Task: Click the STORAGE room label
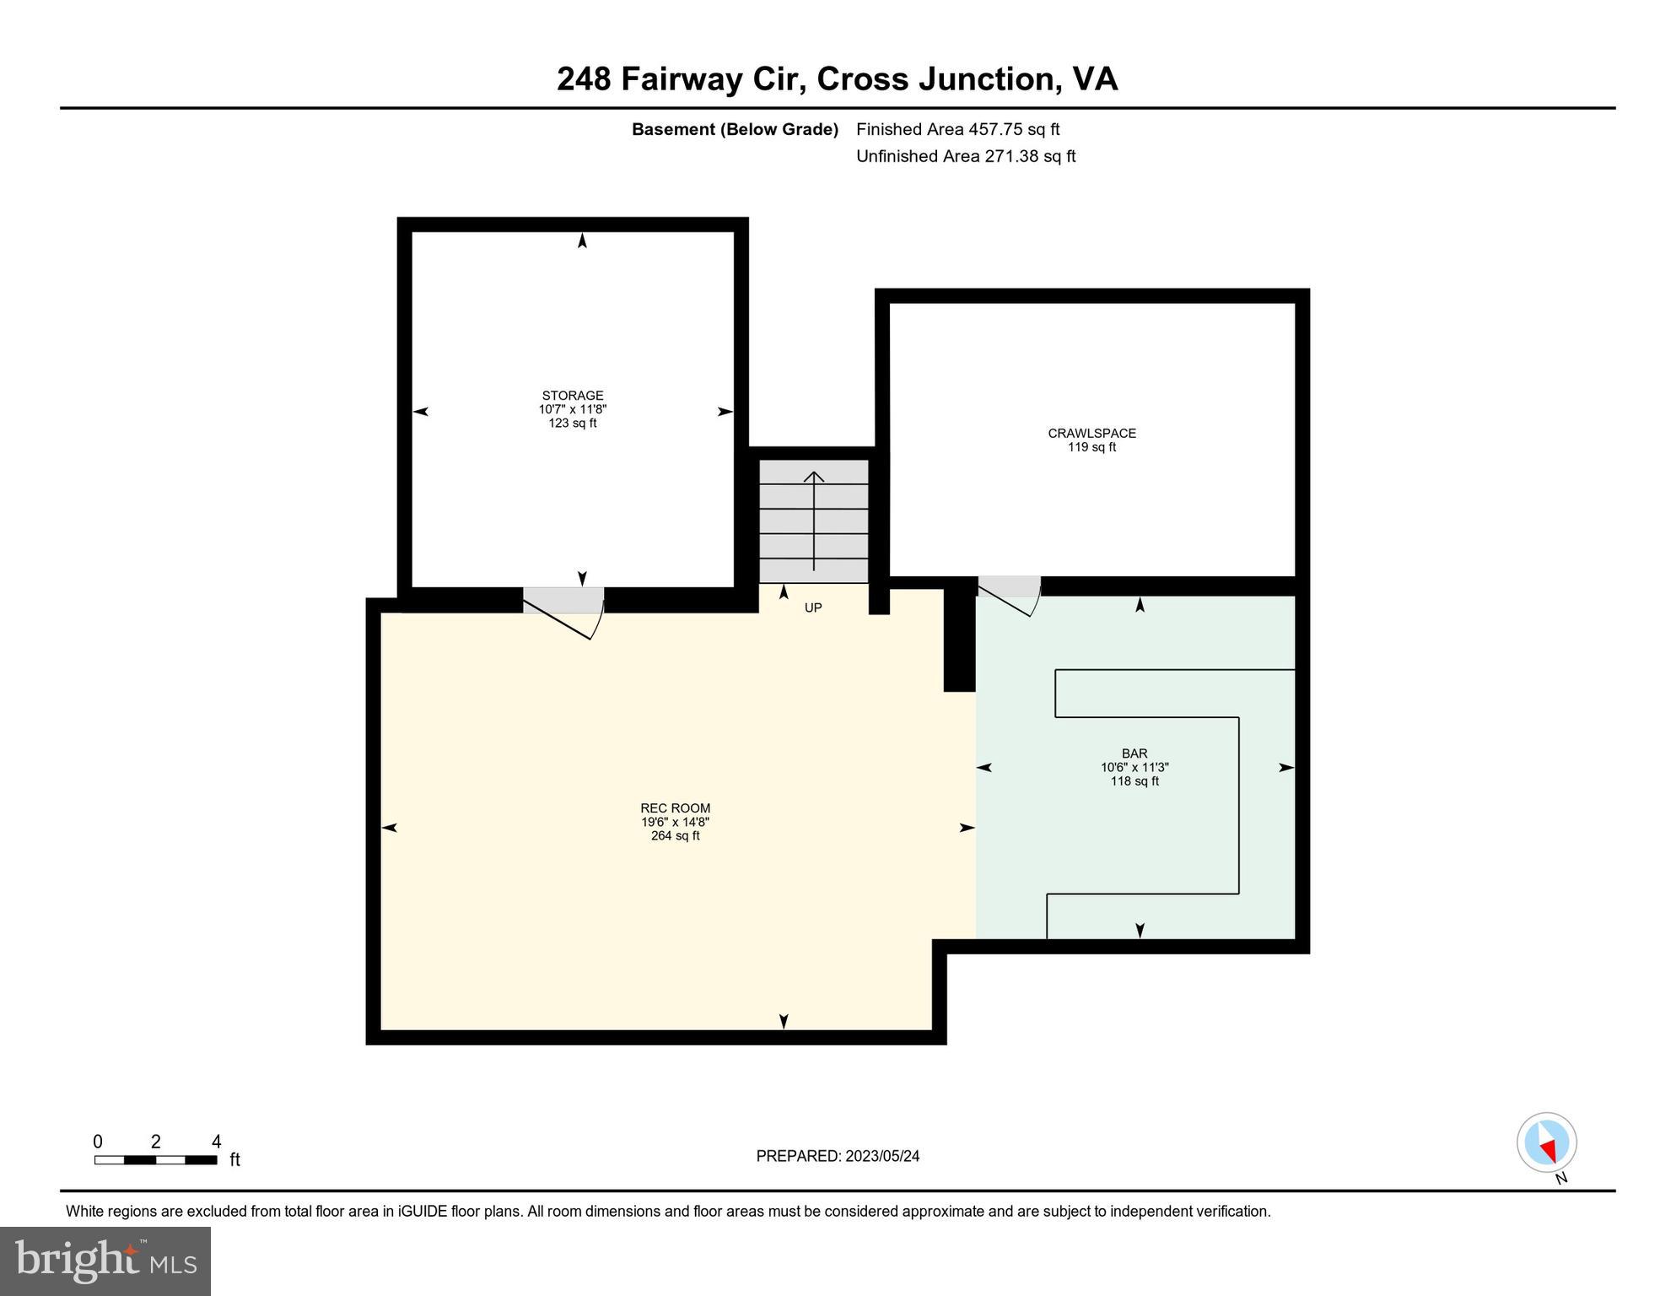click(x=572, y=395)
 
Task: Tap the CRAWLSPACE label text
click(x=1091, y=433)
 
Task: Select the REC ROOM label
click(x=675, y=807)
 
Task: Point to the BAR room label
click(x=1134, y=753)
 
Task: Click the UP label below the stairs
click(x=812, y=607)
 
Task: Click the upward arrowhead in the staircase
click(x=813, y=478)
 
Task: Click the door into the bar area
click(x=1010, y=596)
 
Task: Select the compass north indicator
click(x=1547, y=1143)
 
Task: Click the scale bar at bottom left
click(x=155, y=1160)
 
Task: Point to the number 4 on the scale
click(x=216, y=1142)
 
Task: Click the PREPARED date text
click(x=838, y=1156)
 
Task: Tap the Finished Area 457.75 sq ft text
click(x=957, y=129)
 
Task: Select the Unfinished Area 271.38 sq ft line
click(x=966, y=156)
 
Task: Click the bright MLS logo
click(x=105, y=1261)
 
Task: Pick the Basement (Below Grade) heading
click(x=735, y=129)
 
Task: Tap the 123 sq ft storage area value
click(x=572, y=423)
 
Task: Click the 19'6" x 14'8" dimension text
click(x=675, y=822)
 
